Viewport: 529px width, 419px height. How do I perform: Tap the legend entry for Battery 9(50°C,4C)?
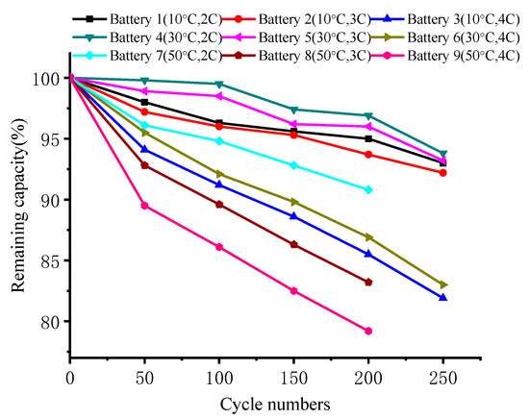456,55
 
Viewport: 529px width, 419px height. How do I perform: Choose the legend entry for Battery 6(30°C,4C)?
456,37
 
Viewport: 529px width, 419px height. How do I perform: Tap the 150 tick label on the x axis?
293,372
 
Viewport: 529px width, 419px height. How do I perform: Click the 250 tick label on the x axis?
442,372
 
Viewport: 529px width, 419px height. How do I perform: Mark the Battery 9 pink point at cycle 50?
144,206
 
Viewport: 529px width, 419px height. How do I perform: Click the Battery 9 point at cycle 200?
368,331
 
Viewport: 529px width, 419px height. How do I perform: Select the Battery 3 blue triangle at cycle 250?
442,298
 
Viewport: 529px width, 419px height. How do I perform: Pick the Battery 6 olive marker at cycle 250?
442,284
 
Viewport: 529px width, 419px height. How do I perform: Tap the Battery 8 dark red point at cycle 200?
368,282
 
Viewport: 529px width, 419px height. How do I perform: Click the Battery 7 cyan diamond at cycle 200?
368,189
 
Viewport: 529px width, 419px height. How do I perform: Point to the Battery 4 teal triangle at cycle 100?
219,84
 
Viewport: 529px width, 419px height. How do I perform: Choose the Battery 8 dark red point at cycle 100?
219,204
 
